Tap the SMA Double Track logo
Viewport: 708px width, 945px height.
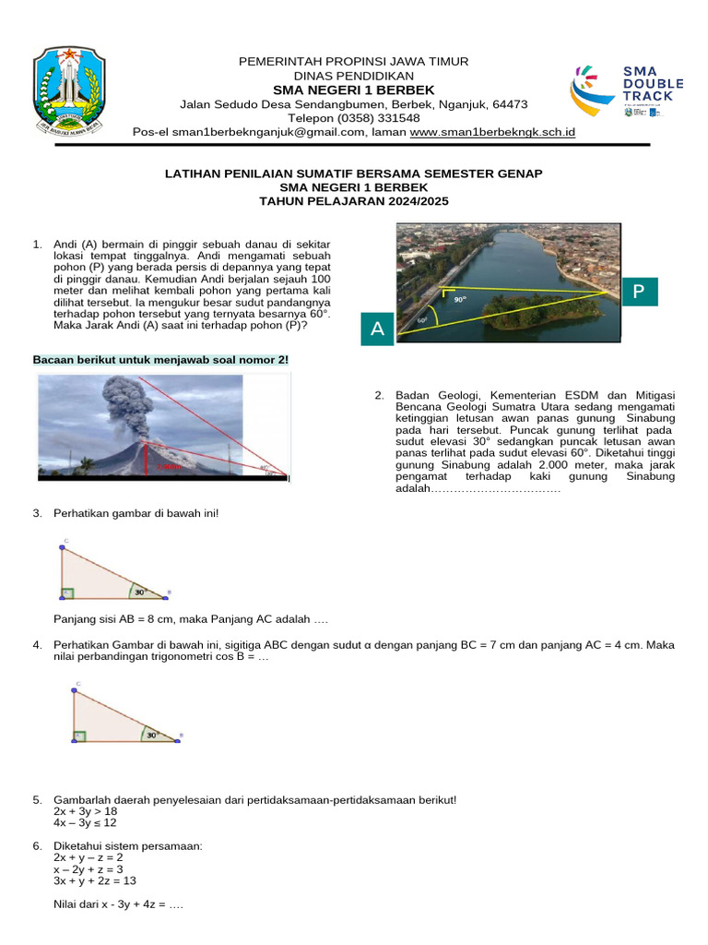(626, 90)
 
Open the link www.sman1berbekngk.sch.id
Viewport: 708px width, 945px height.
(492, 132)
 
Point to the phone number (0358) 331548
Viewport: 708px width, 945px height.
(354, 118)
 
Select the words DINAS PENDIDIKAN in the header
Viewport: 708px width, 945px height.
(354, 76)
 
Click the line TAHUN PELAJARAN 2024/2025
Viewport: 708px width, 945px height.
(354, 200)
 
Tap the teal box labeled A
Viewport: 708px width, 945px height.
(377, 329)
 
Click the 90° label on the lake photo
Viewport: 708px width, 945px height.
(458, 300)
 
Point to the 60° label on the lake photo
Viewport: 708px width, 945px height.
(422, 320)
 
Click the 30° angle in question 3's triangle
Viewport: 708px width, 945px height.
(139, 592)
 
